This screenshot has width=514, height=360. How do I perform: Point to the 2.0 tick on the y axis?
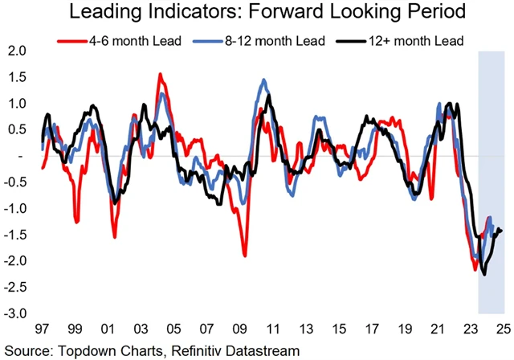tap(17, 51)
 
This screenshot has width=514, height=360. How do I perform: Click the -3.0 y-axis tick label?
tap(15, 313)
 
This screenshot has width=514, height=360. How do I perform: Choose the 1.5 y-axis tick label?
tap(17, 77)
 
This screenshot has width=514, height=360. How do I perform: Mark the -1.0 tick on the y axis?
tap(15, 208)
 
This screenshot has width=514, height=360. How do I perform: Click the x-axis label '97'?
tap(42, 330)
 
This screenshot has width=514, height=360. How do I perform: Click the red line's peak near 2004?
tap(160, 74)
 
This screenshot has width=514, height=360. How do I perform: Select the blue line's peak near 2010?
tap(263, 80)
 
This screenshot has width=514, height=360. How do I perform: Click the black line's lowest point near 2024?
tap(484, 275)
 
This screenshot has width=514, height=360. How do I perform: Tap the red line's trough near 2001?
tap(115, 237)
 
